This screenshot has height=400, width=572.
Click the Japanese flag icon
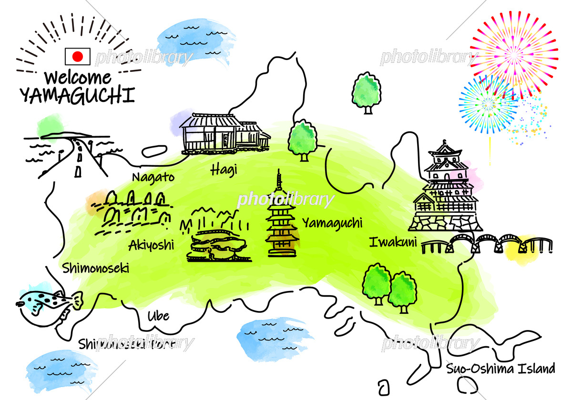[x=77, y=57]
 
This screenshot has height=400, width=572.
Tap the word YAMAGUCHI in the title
[x=77, y=96]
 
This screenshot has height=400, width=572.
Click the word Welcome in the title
[x=77, y=77]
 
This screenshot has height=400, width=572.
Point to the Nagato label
[x=153, y=177]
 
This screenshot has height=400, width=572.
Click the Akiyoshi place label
[x=151, y=245]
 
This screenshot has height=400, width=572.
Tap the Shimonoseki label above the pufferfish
[x=95, y=268]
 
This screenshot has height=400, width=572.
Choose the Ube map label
[x=158, y=316]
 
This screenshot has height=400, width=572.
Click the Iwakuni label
[x=393, y=242]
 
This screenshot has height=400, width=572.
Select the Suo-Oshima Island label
[x=500, y=368]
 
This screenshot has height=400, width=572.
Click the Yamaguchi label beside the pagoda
[x=332, y=222]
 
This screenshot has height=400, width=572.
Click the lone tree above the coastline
[x=367, y=93]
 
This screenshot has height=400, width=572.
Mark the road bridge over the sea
[x=79, y=152]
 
